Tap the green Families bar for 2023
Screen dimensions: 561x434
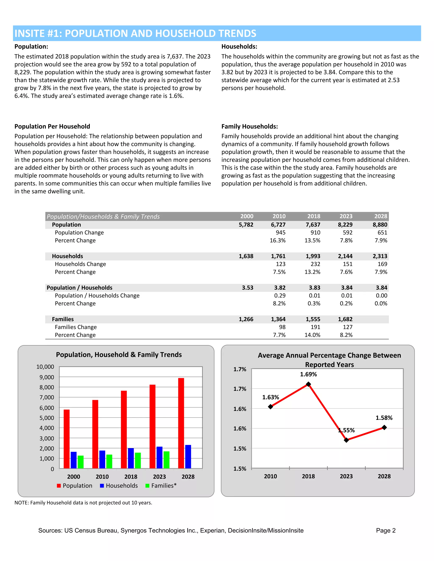166,460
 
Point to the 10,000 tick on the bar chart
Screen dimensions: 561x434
45,367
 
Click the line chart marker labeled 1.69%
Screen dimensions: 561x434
308,384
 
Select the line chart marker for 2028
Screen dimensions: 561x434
384,427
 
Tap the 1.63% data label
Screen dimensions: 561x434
270,397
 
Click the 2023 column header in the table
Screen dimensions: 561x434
346,216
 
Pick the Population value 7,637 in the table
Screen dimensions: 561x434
313,225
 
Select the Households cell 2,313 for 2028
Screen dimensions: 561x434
380,256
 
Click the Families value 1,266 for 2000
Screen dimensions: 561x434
246,319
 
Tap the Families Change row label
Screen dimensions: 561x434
76,327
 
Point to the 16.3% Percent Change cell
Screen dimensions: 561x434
277,240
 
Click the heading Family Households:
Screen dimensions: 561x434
249,126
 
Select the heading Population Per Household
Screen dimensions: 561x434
52,126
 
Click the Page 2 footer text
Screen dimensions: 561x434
386,531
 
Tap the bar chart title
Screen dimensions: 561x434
119,355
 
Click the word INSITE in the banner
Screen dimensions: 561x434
30,33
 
